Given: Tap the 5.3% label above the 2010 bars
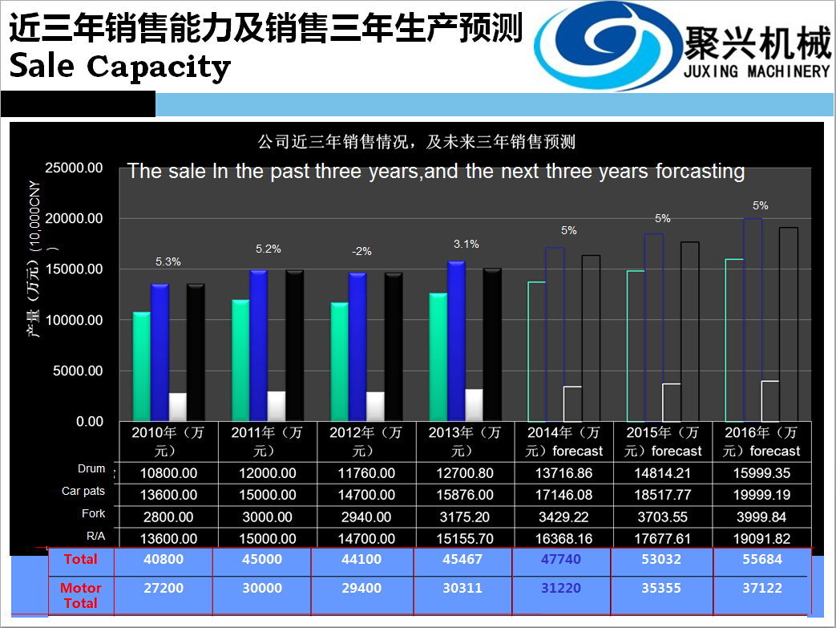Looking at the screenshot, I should point(168,261).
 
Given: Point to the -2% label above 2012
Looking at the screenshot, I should point(361,251).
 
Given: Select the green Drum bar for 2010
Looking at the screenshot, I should point(141,366).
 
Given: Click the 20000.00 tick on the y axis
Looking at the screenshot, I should point(74,219).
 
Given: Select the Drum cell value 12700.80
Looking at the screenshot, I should point(462,473).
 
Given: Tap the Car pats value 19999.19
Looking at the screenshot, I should point(761,495).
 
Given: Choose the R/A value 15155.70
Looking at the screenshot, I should point(462,539).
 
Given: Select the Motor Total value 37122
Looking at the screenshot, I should point(761,588).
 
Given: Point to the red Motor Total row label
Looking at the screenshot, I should point(80,595).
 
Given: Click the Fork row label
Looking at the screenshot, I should point(93,513).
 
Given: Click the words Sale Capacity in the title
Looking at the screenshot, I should point(120,66).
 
